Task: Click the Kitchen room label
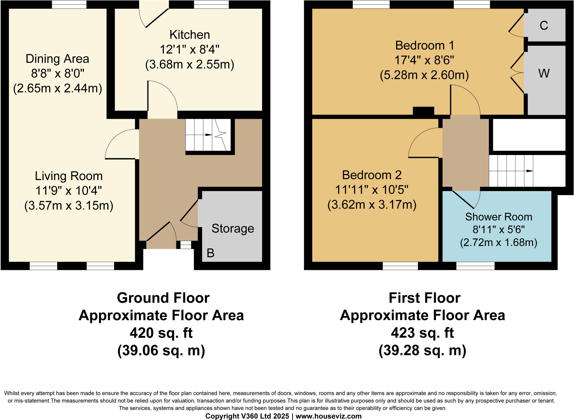click(x=189, y=35)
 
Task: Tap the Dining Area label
click(x=57, y=59)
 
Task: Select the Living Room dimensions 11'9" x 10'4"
click(x=68, y=191)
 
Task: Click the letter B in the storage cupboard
click(x=210, y=253)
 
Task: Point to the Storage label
click(x=233, y=229)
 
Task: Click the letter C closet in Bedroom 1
click(x=544, y=25)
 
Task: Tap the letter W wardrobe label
click(x=544, y=74)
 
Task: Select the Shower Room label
click(x=499, y=217)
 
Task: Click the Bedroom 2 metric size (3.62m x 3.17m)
click(x=372, y=205)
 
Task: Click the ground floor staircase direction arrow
click(x=208, y=135)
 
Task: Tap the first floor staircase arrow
click(x=529, y=171)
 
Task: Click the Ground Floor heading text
click(x=163, y=298)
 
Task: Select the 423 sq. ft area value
click(x=422, y=333)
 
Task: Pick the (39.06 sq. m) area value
click(x=161, y=351)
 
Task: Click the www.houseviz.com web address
click(x=328, y=416)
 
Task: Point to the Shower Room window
click(x=475, y=266)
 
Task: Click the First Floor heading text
click(x=424, y=298)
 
